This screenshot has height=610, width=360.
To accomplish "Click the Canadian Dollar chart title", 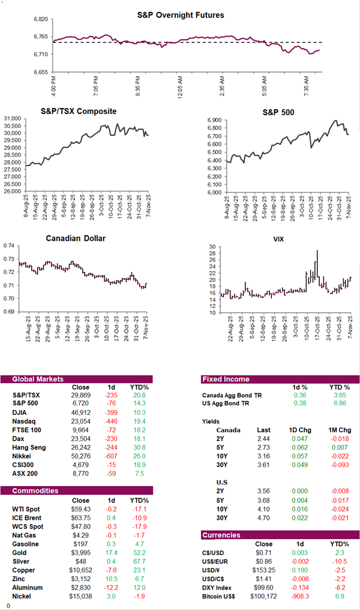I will pos(76,238).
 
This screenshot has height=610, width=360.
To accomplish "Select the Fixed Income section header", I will pos(226,379).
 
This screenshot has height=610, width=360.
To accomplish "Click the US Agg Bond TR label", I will pos(230,404).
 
